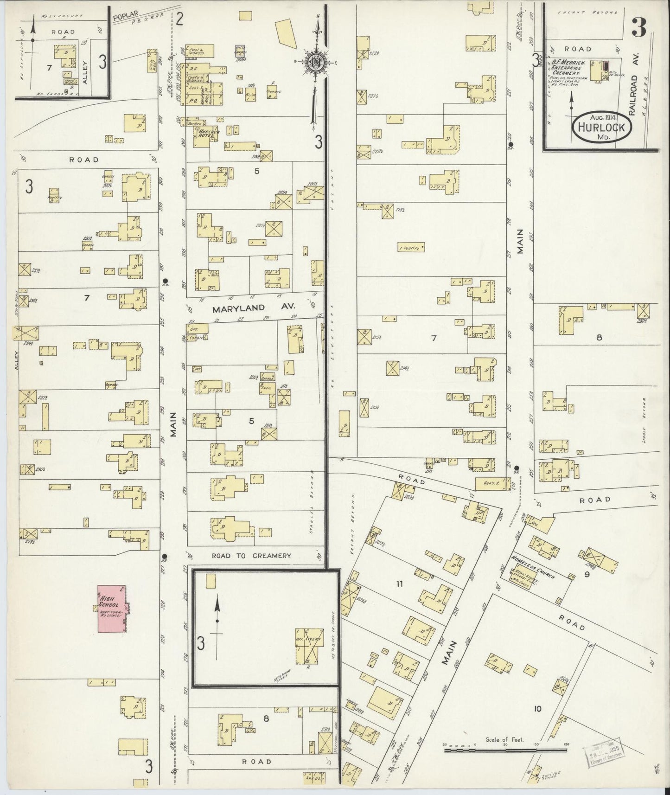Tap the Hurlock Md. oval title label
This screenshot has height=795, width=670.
(601, 127)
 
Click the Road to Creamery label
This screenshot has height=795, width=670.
(251, 555)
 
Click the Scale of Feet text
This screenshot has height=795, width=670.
(504, 739)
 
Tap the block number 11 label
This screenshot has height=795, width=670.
(399, 584)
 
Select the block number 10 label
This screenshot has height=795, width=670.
(537, 708)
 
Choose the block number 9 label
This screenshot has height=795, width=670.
(587, 575)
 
